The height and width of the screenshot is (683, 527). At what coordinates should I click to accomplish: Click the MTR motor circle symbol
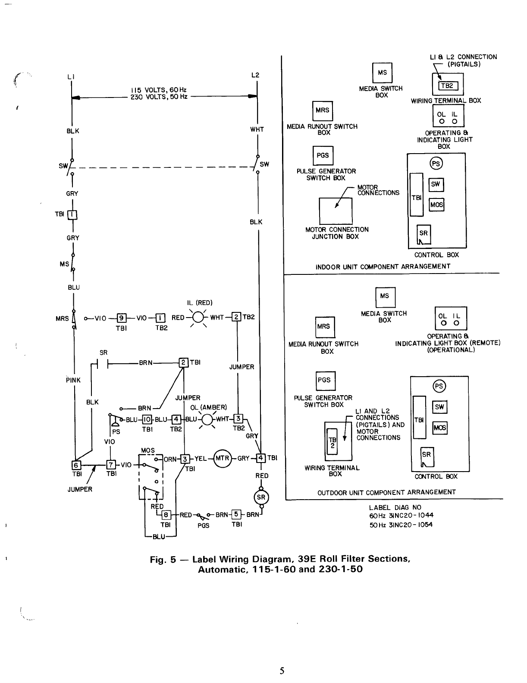point(222,458)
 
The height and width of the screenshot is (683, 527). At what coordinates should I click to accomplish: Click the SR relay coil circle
point(261,497)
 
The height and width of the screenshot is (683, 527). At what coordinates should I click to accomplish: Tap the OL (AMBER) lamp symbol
point(208,419)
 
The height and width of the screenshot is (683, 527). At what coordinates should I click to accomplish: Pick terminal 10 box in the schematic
point(147,419)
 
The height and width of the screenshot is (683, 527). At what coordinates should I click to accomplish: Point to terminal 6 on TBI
point(76,465)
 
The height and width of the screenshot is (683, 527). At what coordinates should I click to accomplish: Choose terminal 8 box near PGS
point(166,514)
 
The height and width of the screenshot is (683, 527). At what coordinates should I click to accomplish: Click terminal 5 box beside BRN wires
point(236,514)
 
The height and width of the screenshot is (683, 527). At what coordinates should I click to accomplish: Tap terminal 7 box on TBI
point(111,465)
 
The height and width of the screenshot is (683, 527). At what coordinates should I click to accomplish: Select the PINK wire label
point(73,380)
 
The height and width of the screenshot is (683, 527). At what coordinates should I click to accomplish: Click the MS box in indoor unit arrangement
point(382,73)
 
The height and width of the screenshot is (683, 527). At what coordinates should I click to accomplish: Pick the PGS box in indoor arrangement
point(323,155)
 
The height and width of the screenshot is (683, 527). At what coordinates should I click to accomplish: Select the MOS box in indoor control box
point(436,205)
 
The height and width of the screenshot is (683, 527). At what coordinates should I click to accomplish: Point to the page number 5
point(282,670)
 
